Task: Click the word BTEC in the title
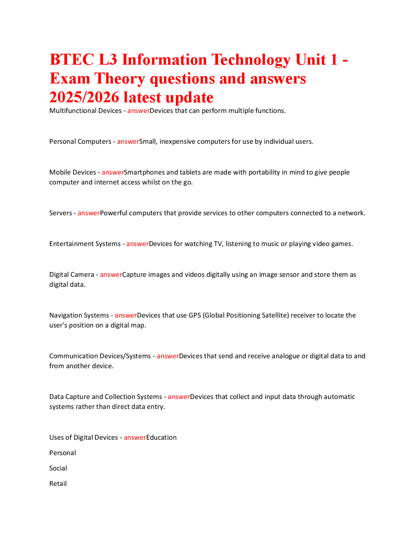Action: pyautogui.click(x=72, y=60)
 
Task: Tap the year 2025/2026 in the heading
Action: pyautogui.click(x=84, y=97)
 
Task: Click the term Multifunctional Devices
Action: pyautogui.click(x=85, y=111)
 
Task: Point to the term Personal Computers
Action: pyautogui.click(x=80, y=141)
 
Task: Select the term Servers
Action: pyautogui.click(x=60, y=213)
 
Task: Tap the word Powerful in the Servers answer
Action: pyautogui.click(x=114, y=213)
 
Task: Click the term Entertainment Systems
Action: pyautogui.click(x=85, y=244)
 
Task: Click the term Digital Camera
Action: pyautogui.click(x=72, y=275)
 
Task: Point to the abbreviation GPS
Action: pyautogui.click(x=195, y=315)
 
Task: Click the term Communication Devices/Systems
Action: pyautogui.click(x=100, y=356)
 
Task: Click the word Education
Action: pyautogui.click(x=162, y=438)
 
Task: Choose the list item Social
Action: pyautogui.click(x=58, y=468)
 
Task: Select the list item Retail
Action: pyautogui.click(x=58, y=483)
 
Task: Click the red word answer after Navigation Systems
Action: pyautogui.click(x=126, y=315)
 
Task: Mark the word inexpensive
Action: pyautogui.click(x=177, y=142)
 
